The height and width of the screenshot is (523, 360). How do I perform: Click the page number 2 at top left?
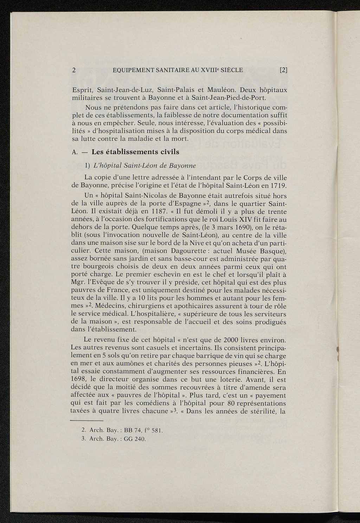click(74, 70)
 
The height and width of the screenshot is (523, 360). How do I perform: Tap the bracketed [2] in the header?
click(283, 70)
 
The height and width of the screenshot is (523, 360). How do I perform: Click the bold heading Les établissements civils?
click(135, 152)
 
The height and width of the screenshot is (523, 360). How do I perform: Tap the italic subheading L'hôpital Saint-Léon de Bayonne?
click(143, 165)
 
